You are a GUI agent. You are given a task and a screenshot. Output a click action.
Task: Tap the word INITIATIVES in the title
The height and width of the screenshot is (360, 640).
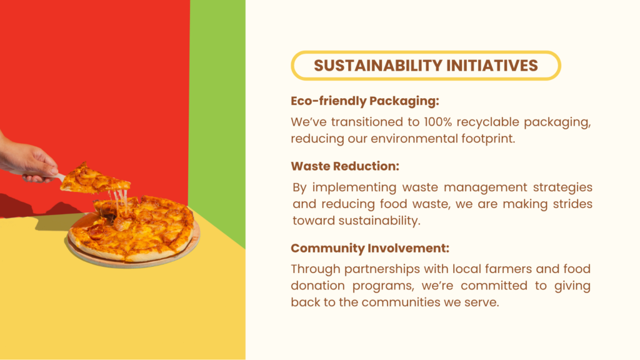coord(492,65)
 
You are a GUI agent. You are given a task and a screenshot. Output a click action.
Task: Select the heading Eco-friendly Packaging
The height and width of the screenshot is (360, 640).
coord(365,101)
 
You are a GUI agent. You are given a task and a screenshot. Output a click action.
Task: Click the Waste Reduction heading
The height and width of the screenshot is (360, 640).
coord(345,166)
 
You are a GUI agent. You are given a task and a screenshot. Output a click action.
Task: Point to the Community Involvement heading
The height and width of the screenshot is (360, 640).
coord(370,248)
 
